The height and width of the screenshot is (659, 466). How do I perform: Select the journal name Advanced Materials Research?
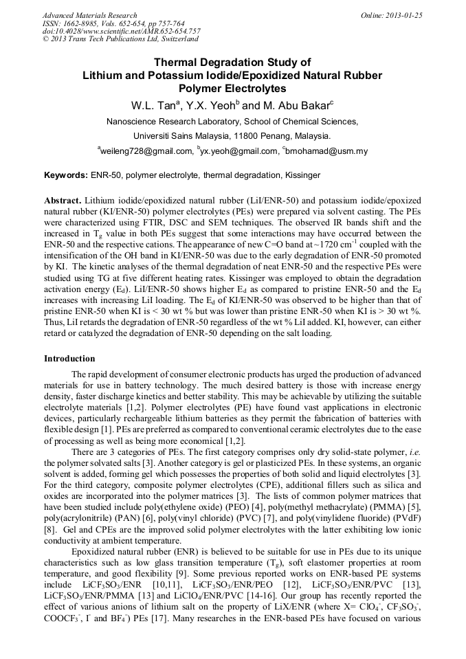(89, 15)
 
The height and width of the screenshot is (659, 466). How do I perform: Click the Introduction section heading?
(69, 358)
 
